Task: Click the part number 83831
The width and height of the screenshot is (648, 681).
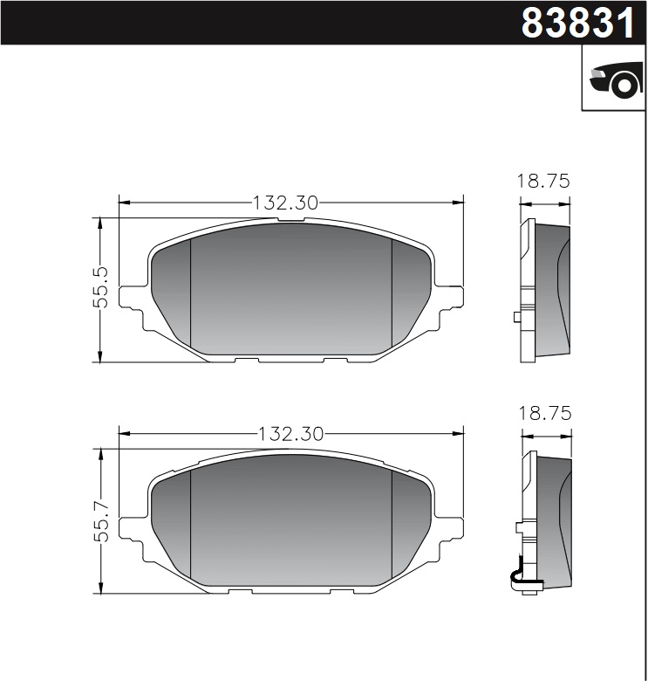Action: (x=578, y=23)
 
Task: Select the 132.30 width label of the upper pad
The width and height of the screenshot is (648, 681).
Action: (x=285, y=203)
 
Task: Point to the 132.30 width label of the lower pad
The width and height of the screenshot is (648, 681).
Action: (x=291, y=433)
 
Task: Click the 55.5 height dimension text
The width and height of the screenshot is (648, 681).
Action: (x=101, y=287)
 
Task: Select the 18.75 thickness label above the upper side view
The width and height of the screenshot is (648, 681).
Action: (x=544, y=182)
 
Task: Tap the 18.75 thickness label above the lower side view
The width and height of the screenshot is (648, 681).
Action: (x=544, y=414)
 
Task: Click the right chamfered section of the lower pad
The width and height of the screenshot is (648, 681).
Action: (x=409, y=524)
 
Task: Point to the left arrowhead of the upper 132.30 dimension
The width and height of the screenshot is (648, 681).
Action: (x=123, y=203)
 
